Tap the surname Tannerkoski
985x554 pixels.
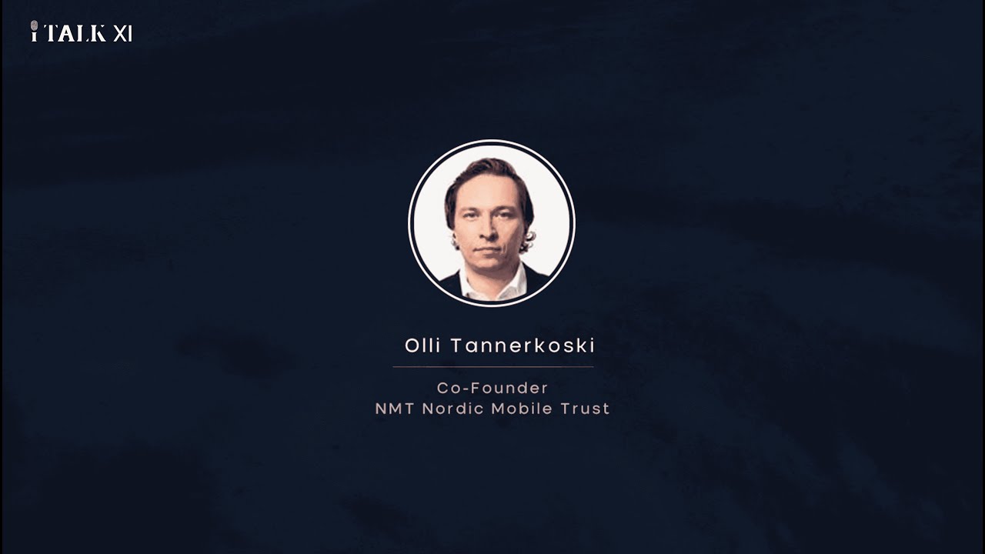[x=523, y=345]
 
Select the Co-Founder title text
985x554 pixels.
[x=492, y=388]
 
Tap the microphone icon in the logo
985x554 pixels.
[x=35, y=32]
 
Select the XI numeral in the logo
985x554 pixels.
[x=122, y=33]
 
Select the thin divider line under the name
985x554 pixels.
[x=492, y=367]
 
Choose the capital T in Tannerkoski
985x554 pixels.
[x=456, y=345]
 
